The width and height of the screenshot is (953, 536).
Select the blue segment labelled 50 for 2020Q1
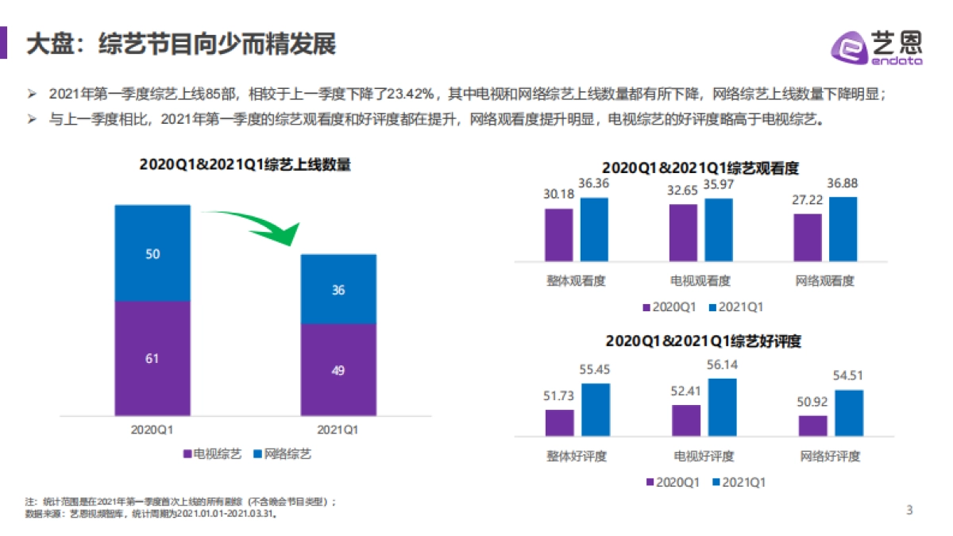coord(152,253)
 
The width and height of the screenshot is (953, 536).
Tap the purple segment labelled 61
coord(152,358)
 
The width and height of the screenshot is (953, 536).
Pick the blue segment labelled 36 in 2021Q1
coord(338,289)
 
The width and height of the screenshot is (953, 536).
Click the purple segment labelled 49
coord(338,369)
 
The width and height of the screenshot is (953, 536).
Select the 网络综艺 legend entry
coord(282,453)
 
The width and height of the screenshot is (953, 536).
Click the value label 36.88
coord(843,183)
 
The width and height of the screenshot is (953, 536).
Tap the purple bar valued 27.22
coord(808,237)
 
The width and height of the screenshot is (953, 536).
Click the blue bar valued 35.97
coord(718,229)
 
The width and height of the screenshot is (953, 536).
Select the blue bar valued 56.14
coord(722,407)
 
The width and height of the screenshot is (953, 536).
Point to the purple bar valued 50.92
coord(812,426)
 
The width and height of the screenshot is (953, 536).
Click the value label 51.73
coord(560,396)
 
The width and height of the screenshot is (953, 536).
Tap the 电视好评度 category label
coord(704,457)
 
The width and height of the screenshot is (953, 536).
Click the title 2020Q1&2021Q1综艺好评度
coord(703,341)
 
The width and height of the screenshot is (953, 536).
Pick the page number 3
coord(910,511)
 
